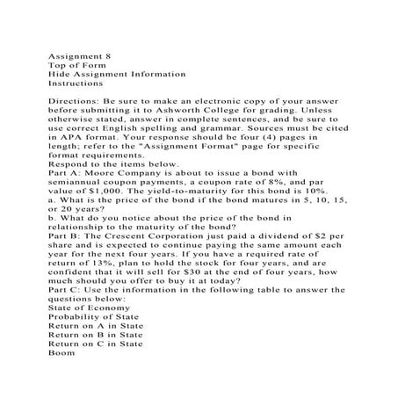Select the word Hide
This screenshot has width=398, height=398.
(61, 75)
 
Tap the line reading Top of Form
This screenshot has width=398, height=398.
(80, 64)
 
